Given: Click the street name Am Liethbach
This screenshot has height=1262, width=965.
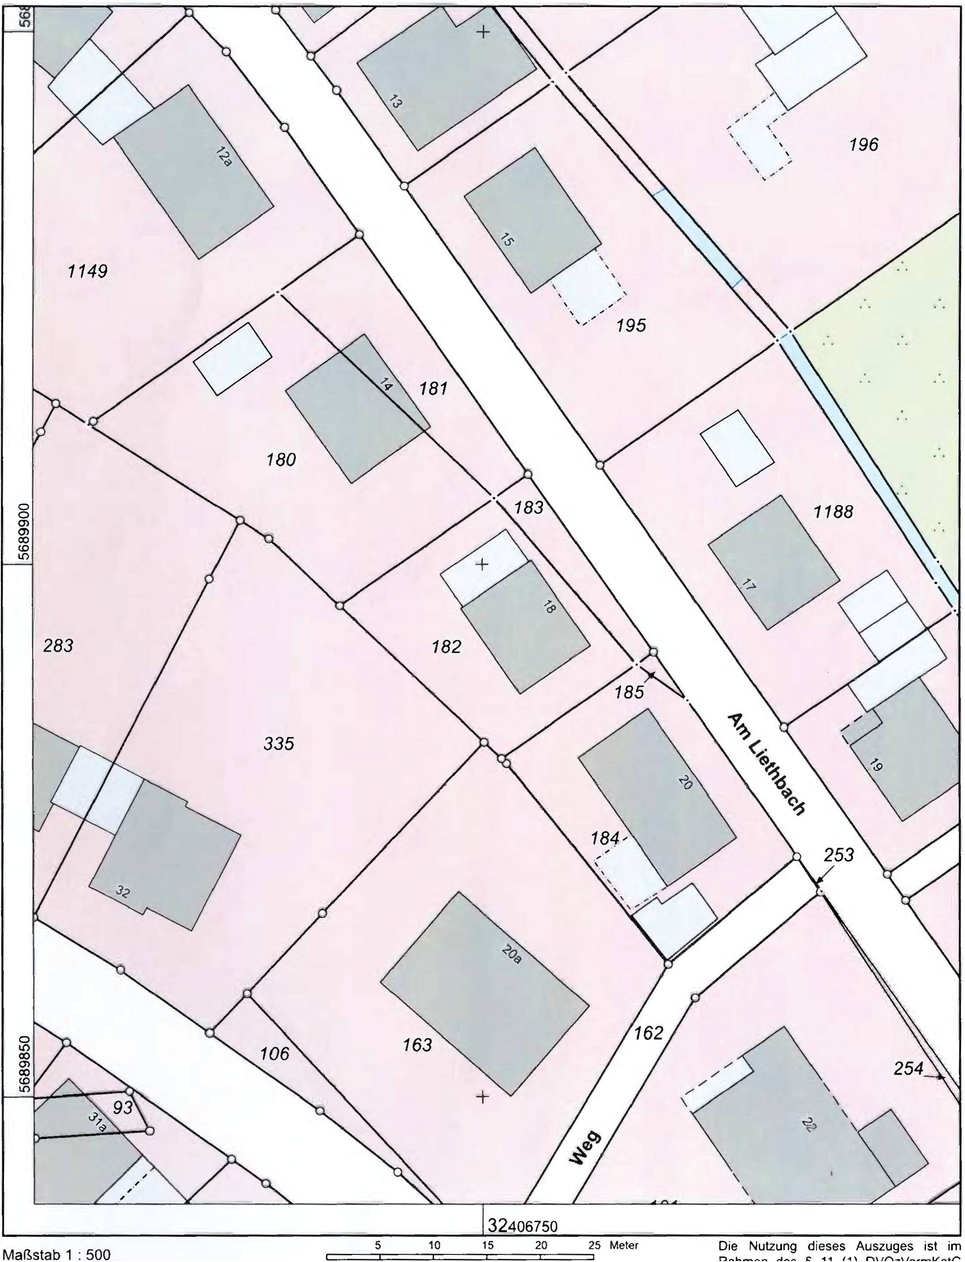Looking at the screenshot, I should (766, 764).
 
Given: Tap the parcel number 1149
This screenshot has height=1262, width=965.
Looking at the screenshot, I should (87, 271).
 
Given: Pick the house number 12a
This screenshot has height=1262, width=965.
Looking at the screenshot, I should (224, 156).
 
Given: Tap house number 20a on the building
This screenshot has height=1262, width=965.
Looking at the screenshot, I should (511, 954).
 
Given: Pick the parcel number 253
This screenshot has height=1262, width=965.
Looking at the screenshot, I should (839, 855).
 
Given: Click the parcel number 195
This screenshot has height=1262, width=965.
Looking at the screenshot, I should (631, 326).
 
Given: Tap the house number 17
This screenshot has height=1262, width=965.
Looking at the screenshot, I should (748, 585).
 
